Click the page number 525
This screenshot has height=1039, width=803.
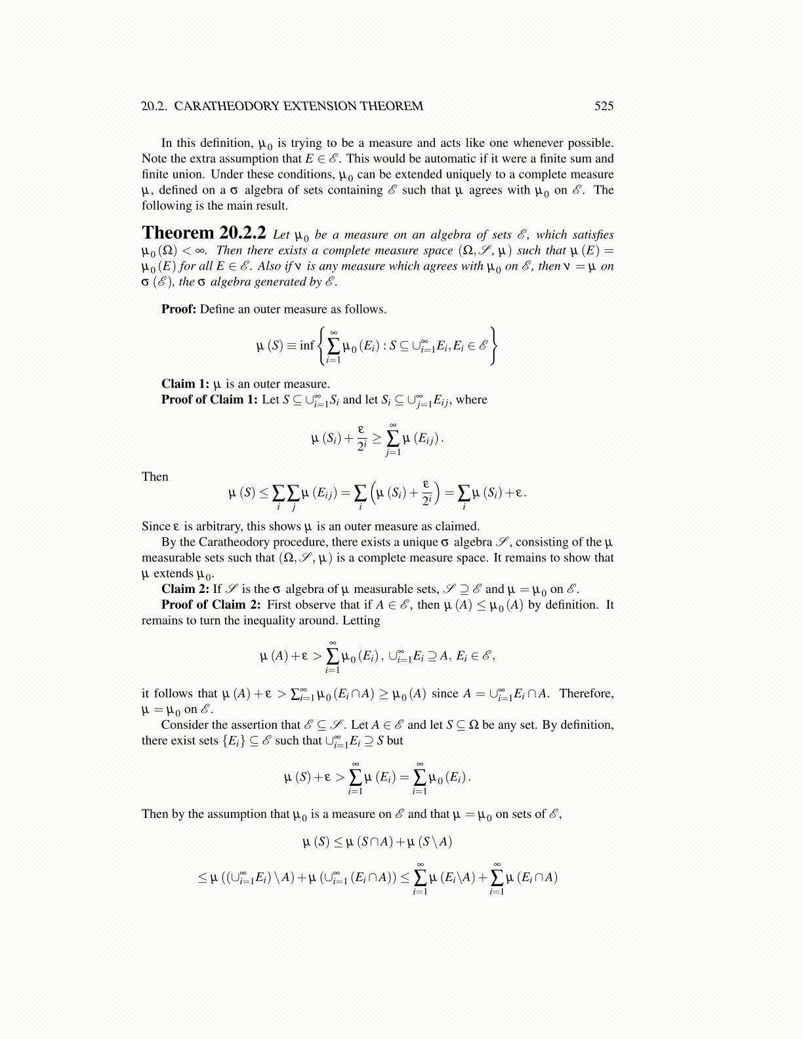pyautogui.click(x=604, y=106)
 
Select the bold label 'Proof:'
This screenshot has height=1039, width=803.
pyautogui.click(x=178, y=309)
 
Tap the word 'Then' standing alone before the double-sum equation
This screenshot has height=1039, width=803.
pyautogui.click(x=155, y=477)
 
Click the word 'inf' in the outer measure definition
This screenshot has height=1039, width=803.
pyautogui.click(x=306, y=345)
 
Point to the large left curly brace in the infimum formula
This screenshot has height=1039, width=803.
pyautogui.click(x=321, y=345)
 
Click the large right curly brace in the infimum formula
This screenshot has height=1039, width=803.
pyautogui.click(x=493, y=345)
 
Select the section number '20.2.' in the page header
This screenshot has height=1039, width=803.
pyautogui.click(x=155, y=106)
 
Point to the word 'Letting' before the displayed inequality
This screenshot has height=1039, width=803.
pyautogui.click(x=361, y=621)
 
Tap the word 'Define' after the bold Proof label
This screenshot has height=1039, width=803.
pyautogui.click(x=217, y=309)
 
